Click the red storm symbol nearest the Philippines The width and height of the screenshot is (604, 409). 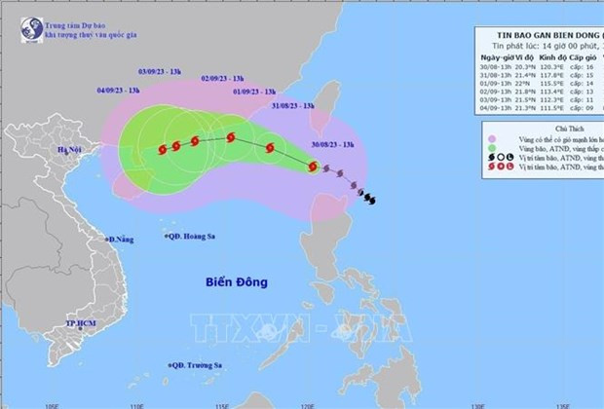313,167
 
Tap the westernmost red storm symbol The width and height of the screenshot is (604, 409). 161,150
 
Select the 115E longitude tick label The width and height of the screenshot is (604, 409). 221,401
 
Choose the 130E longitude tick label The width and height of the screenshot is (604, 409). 476,401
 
